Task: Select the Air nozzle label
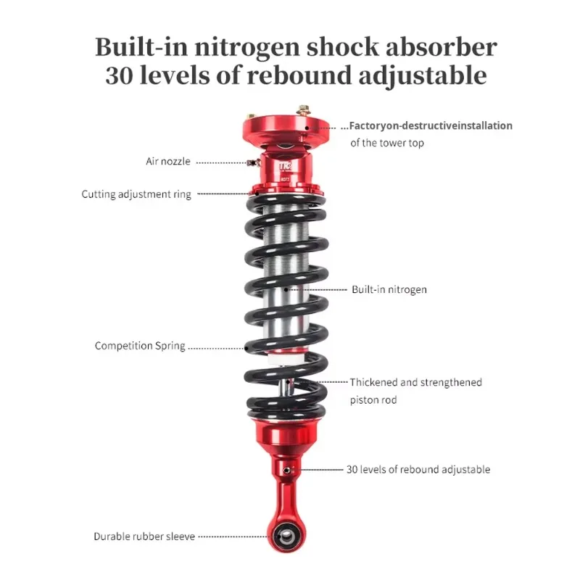pyautogui.click(x=167, y=161)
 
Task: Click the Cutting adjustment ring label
pyautogui.click(x=136, y=194)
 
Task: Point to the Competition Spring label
pyautogui.click(x=140, y=346)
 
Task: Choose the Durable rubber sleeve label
pyautogui.click(x=144, y=536)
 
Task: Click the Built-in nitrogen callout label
pyautogui.click(x=389, y=289)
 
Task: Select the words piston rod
pyautogui.click(x=373, y=400)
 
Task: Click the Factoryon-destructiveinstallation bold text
pyautogui.click(x=431, y=125)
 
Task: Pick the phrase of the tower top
pyautogui.click(x=387, y=143)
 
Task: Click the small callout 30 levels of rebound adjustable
pyautogui.click(x=418, y=470)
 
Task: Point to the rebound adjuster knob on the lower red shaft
pyautogui.click(x=289, y=471)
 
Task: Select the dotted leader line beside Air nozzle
pyautogui.click(x=221, y=162)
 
